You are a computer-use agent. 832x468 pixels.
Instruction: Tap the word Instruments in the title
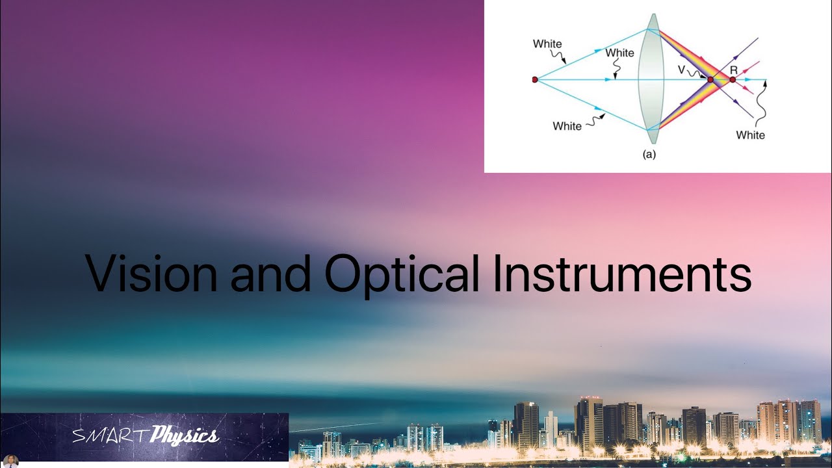622,274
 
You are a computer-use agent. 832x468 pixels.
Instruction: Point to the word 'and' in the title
271,274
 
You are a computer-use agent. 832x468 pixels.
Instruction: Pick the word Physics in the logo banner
184,436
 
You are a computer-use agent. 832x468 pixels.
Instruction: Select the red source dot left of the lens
535,79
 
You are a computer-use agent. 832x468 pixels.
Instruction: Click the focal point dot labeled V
710,80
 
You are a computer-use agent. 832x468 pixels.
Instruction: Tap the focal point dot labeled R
733,79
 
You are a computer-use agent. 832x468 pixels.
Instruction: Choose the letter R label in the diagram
733,69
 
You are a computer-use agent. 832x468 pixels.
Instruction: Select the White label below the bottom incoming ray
567,126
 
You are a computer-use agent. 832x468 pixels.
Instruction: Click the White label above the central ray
619,53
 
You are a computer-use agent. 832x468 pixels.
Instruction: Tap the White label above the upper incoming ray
547,44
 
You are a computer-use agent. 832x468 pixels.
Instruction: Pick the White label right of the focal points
750,135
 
